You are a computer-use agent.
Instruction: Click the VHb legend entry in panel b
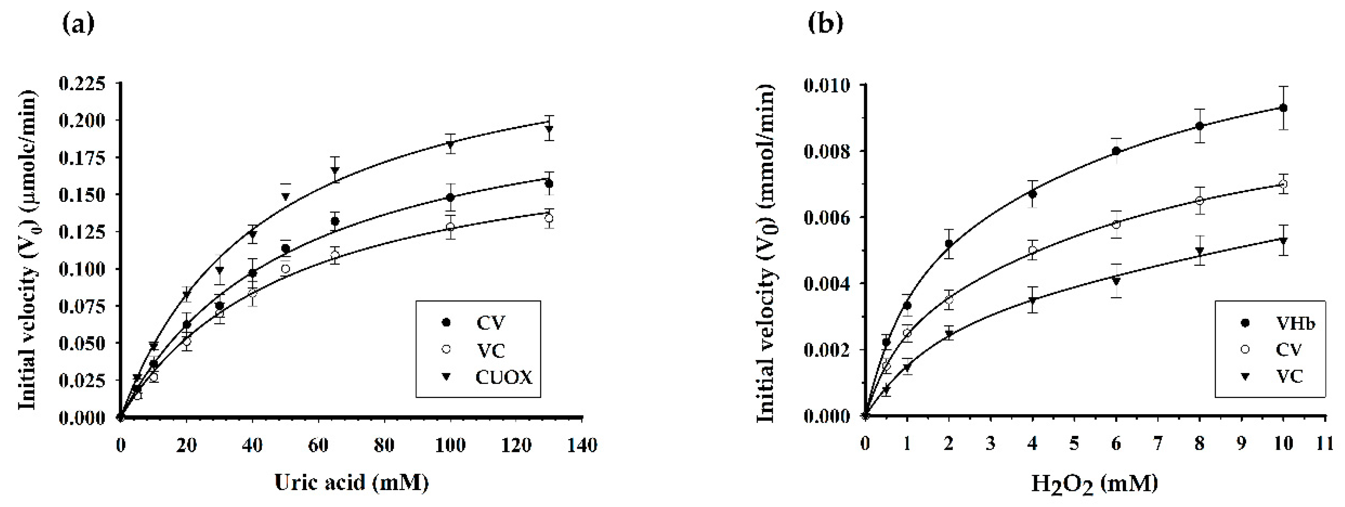point(1295,324)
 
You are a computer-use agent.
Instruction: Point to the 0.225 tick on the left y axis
point(82,83)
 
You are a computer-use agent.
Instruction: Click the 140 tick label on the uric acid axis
point(582,445)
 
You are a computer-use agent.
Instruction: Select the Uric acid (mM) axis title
point(352,482)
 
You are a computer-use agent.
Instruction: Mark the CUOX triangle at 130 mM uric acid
point(549,129)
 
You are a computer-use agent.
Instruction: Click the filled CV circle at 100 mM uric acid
point(450,197)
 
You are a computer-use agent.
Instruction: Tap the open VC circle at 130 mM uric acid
point(549,218)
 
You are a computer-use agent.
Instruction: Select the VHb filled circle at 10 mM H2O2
point(1284,108)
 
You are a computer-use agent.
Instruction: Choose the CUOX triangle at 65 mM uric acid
point(335,170)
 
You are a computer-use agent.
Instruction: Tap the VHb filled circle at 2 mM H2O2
point(949,244)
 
